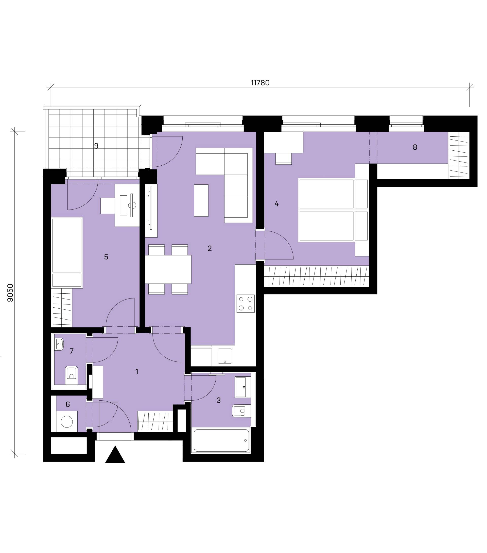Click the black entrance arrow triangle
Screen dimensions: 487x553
click(x=115, y=456)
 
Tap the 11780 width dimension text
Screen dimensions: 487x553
click(x=260, y=83)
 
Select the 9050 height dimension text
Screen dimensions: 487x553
click(x=10, y=293)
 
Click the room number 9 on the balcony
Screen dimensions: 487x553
click(x=96, y=146)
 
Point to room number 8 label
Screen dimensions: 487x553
click(x=415, y=147)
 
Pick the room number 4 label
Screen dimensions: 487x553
click(x=276, y=204)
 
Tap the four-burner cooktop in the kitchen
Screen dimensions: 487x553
click(x=246, y=304)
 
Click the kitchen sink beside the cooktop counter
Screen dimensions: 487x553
click(x=225, y=356)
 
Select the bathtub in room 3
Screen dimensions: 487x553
click(x=221, y=440)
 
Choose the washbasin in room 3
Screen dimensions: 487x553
click(x=243, y=387)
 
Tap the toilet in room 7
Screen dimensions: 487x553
click(x=71, y=375)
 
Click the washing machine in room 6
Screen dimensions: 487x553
click(x=67, y=421)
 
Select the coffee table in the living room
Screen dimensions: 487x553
click(x=201, y=200)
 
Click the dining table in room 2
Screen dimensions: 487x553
click(x=168, y=270)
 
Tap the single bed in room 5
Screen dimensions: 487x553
click(x=67, y=253)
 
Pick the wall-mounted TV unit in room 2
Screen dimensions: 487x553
click(x=151, y=211)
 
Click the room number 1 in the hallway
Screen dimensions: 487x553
click(x=137, y=371)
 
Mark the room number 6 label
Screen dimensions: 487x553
click(x=67, y=404)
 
